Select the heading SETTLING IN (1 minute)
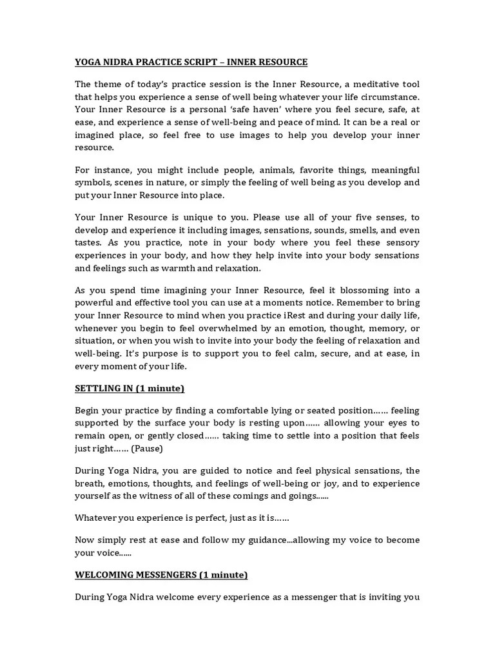(130, 388)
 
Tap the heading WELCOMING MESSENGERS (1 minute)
(161, 574)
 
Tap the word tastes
(88, 243)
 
